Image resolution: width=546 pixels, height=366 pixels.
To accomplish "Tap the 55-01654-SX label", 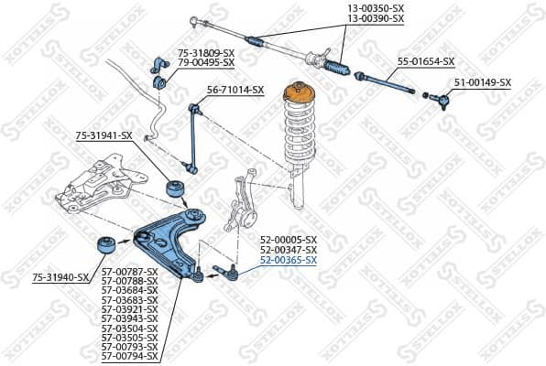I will (x=426, y=61).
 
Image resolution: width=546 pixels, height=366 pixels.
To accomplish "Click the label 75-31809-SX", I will (x=206, y=53).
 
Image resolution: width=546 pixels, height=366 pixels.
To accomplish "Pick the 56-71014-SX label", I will (x=235, y=90).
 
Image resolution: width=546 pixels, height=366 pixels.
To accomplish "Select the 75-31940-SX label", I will (x=60, y=276).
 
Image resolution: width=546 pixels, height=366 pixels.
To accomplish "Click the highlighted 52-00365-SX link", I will (x=289, y=260).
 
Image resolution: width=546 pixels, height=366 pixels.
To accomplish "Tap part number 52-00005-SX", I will (x=289, y=240).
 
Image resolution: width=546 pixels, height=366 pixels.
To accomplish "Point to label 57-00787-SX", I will (x=129, y=273).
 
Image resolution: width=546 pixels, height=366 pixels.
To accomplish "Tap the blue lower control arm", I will (x=170, y=239).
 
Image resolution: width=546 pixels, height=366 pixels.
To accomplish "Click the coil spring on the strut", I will (x=302, y=133).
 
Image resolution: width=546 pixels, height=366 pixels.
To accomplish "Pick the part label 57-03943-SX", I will (x=129, y=318).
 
